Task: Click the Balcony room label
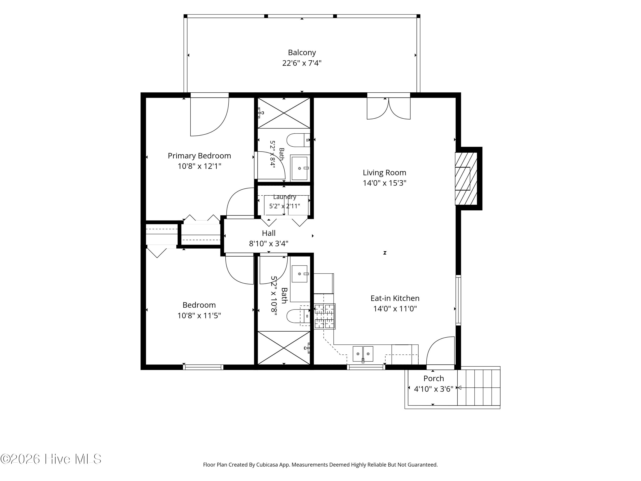[x=302, y=52]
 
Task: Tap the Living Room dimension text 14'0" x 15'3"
[x=385, y=183]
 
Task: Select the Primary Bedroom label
[x=199, y=156]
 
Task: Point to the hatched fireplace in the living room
[x=466, y=178]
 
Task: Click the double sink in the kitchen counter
[x=363, y=354]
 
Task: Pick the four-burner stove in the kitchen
[x=325, y=316]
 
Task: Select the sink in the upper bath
[x=300, y=168]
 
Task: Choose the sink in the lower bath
[x=300, y=274]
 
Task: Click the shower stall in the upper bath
[x=284, y=113]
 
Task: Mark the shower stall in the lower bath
[x=284, y=348]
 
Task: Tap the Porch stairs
[x=479, y=388]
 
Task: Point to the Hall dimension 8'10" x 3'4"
[x=269, y=243]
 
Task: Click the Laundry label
[x=285, y=197]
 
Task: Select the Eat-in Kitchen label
[x=395, y=298]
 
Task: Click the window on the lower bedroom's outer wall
[x=203, y=367]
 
